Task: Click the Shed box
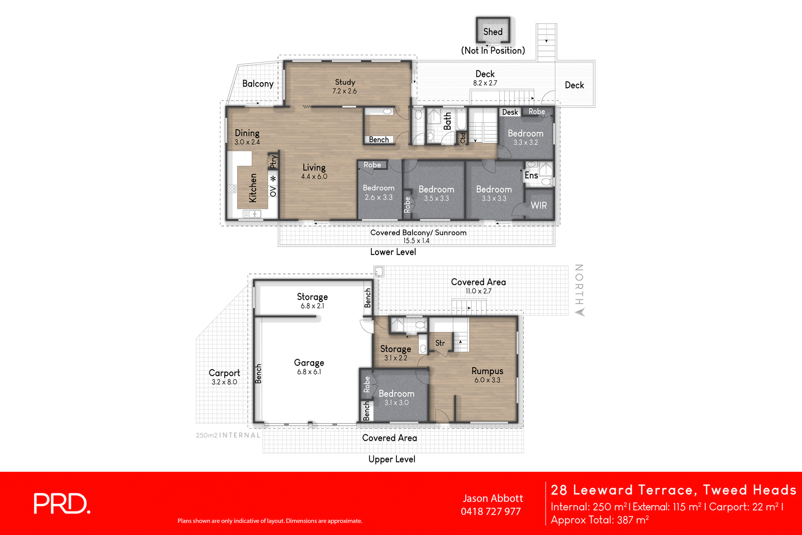[x=493, y=31]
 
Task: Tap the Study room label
[x=345, y=82]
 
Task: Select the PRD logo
[x=62, y=503]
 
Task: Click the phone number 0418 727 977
[x=491, y=511]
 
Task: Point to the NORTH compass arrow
[x=580, y=312]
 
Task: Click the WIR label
[x=539, y=205]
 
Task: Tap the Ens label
[x=531, y=175]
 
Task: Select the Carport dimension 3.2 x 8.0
[x=224, y=382]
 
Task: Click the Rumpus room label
[x=487, y=371]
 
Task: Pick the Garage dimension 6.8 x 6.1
[x=309, y=372]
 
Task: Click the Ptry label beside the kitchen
[x=273, y=161]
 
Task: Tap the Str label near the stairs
[x=440, y=343]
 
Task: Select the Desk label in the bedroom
[x=510, y=112]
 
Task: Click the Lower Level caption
[x=393, y=252]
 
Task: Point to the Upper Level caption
[x=391, y=459]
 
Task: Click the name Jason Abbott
[x=493, y=498]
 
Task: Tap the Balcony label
[x=258, y=84]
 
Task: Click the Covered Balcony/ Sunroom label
[x=418, y=232]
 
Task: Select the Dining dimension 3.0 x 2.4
[x=247, y=142]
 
